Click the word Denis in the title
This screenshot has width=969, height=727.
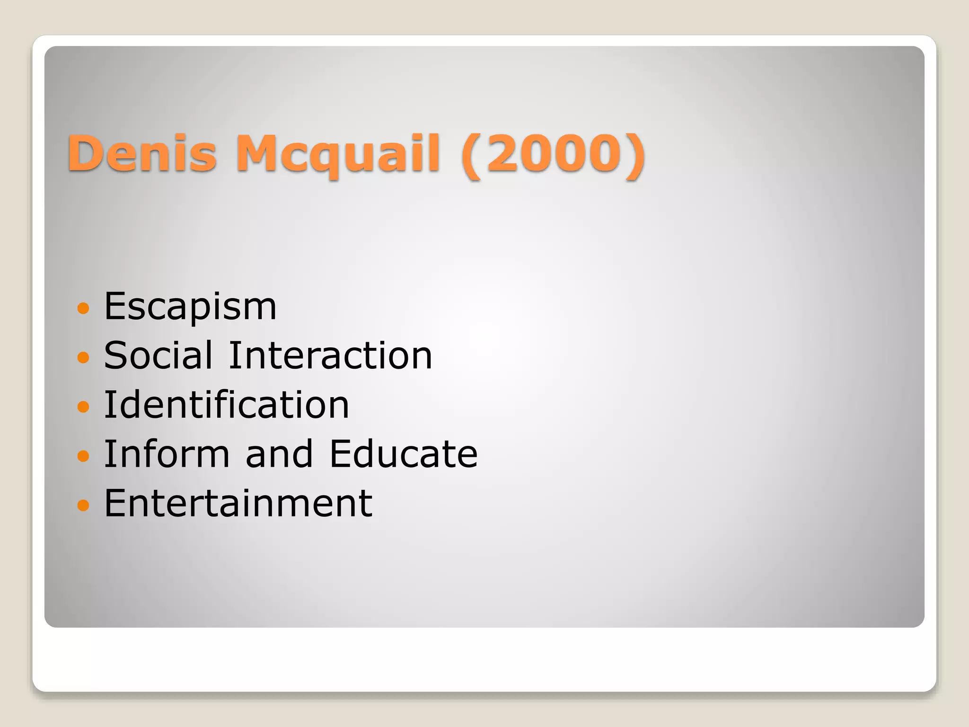(142, 153)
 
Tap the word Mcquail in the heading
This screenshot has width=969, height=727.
(338, 154)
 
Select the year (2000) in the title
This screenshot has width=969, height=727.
(554, 154)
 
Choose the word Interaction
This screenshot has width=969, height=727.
(330, 355)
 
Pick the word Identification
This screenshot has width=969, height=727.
(227, 405)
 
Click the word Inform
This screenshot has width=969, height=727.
(167, 454)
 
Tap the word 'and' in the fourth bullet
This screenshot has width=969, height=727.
(279, 454)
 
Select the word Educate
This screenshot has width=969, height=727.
(404, 454)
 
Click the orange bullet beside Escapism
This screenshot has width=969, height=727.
(83, 309)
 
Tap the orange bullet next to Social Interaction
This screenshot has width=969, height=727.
(83, 357)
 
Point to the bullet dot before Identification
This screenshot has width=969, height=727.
(83, 407)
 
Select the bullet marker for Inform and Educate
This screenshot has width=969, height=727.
(83, 456)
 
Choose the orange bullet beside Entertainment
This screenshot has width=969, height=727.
(83, 505)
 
